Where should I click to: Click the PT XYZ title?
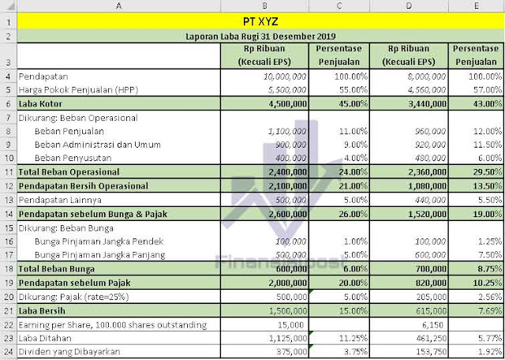(260, 21)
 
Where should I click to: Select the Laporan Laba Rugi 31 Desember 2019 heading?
(260, 36)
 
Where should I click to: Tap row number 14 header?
(8, 213)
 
